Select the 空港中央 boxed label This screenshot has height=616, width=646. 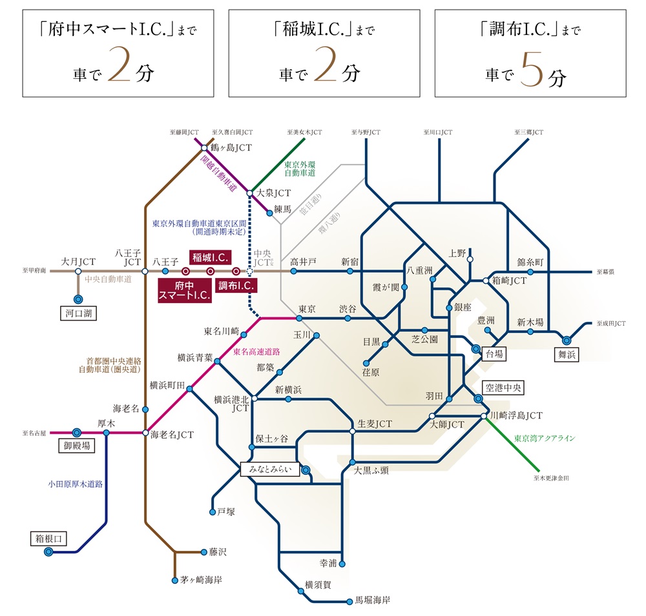[504, 388]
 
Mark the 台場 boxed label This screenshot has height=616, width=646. [494, 353]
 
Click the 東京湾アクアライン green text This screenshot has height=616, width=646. [544, 438]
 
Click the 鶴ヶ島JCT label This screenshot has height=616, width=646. [232, 148]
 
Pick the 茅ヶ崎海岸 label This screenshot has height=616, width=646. [202, 580]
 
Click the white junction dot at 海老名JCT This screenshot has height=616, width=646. [145, 432]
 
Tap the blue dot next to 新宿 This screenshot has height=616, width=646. [349, 272]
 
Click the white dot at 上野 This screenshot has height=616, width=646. [470, 259]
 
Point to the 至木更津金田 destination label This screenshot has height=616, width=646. [551, 478]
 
